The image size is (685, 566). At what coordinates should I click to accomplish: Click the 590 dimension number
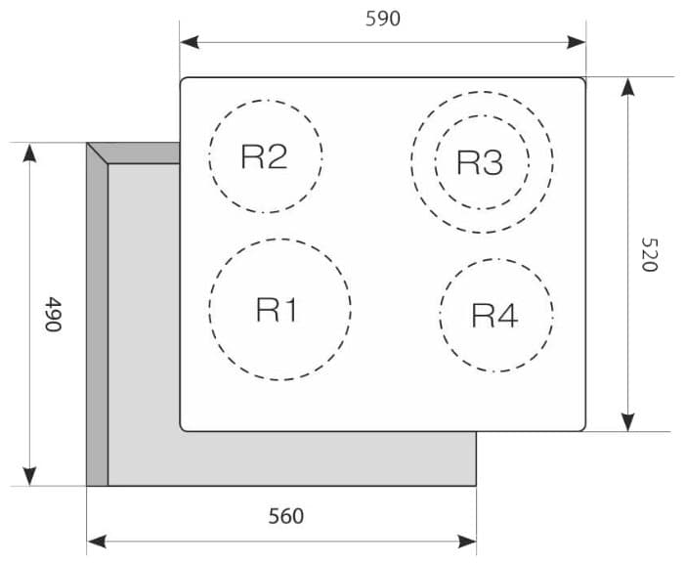coord(383,19)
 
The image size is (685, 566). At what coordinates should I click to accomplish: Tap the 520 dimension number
coord(649,254)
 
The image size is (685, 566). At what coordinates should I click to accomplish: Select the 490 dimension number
coord(53,314)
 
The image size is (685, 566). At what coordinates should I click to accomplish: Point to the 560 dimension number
coord(286,516)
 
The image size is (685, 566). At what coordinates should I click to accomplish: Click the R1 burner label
coord(277,310)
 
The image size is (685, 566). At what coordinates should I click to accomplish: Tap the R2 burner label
coord(264,156)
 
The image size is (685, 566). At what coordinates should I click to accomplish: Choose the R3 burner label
coord(480,162)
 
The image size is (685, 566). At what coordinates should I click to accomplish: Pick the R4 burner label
coord(495,315)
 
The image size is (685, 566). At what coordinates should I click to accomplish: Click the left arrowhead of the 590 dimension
coord(190,42)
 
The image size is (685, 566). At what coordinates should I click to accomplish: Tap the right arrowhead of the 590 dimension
coord(576,42)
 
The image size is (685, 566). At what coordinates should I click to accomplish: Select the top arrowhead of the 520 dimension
coord(627,87)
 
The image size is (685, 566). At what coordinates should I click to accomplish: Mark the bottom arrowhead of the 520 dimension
coord(627,421)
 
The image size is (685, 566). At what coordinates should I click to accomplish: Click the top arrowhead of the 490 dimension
coord(29,152)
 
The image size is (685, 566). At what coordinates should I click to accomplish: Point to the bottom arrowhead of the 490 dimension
coord(29,476)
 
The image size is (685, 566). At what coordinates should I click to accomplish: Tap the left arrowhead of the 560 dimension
coord(97,542)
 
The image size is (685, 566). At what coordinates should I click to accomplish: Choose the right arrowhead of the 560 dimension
coord(466,542)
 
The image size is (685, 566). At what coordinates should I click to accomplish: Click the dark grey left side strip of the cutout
coord(97,314)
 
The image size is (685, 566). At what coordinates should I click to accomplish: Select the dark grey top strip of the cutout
coord(133,152)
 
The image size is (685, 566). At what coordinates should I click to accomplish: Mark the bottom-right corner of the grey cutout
coord(476,486)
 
